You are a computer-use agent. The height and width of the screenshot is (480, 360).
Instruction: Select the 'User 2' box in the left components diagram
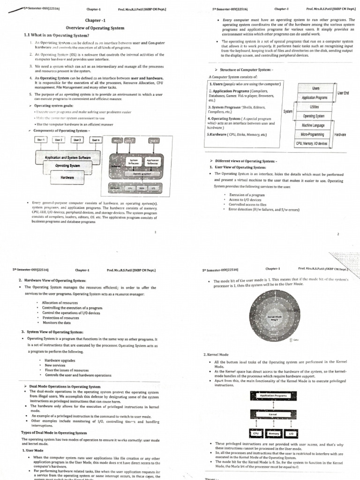tap(59, 140)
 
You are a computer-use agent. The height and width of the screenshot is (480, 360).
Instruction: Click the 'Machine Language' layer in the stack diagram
tap(314, 125)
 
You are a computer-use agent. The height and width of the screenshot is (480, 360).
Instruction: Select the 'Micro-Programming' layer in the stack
tap(314, 134)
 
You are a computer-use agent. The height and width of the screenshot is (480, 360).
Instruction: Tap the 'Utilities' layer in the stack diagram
tap(314, 107)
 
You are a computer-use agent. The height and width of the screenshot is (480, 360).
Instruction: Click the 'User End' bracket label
tap(343, 93)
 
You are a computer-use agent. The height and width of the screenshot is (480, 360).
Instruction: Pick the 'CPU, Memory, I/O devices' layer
tap(314, 143)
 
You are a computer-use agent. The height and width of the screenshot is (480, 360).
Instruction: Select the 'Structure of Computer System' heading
tap(244, 70)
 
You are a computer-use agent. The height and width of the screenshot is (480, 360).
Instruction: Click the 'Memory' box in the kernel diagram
tap(274, 434)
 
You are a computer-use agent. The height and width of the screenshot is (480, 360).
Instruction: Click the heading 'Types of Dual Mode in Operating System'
tap(54, 433)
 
